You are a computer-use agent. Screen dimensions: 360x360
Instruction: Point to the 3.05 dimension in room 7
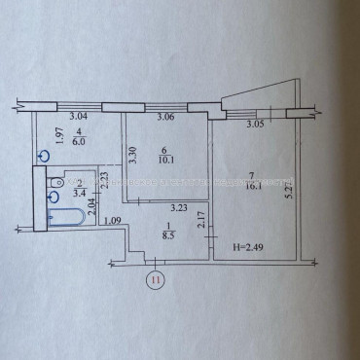[x=256, y=125]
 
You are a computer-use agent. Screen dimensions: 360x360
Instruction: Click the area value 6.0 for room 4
[x=81, y=139]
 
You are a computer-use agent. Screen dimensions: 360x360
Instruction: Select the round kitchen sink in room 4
[x=43, y=155]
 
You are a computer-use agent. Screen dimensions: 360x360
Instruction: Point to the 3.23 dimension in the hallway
[x=178, y=207]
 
